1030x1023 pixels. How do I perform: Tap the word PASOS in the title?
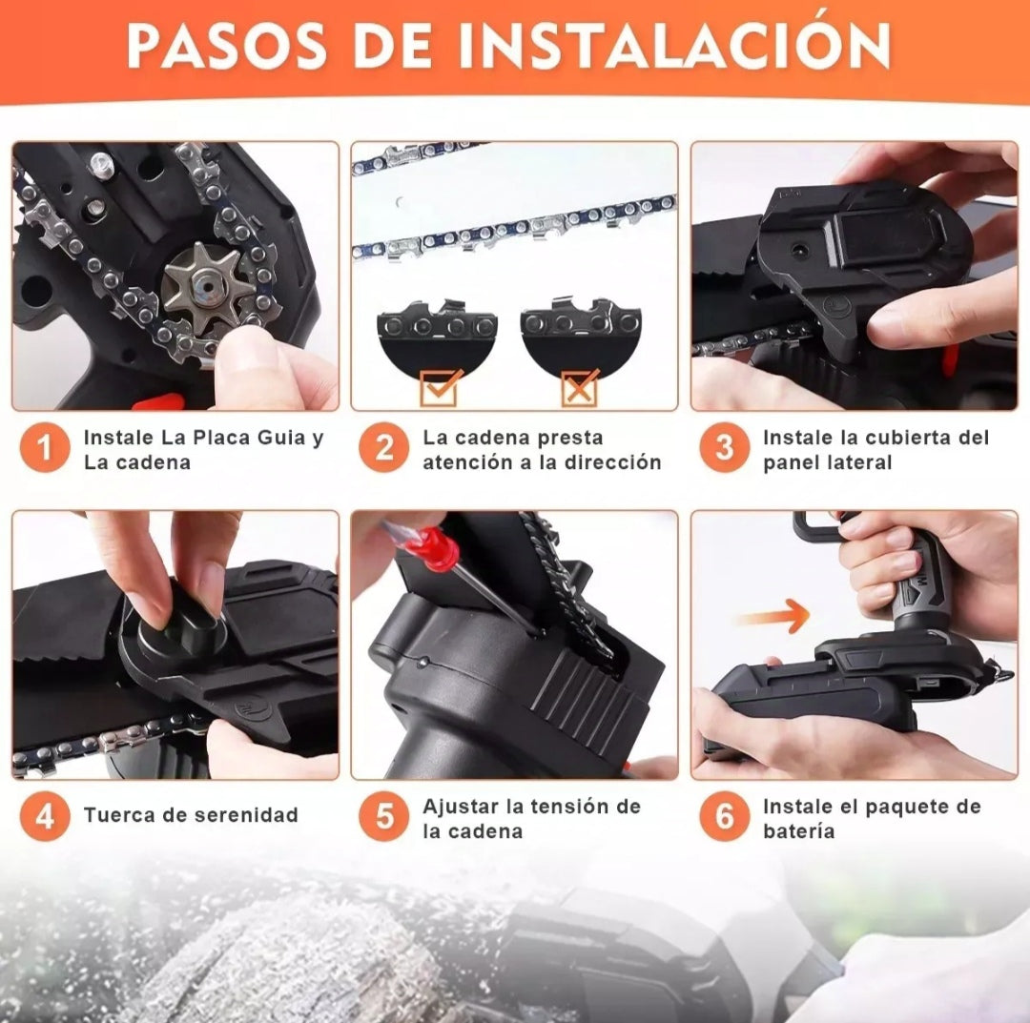(x=226, y=46)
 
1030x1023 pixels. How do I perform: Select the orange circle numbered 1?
(x=45, y=448)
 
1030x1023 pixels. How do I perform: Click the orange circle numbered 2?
(x=384, y=448)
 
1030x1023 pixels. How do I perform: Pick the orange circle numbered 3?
(x=725, y=448)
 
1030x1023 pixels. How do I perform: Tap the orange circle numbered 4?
(x=45, y=817)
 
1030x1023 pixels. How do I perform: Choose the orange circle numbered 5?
(x=384, y=817)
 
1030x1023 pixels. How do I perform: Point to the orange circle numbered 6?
(x=725, y=817)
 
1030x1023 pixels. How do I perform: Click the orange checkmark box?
(x=439, y=388)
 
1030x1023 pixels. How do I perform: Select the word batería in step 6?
(x=799, y=831)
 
